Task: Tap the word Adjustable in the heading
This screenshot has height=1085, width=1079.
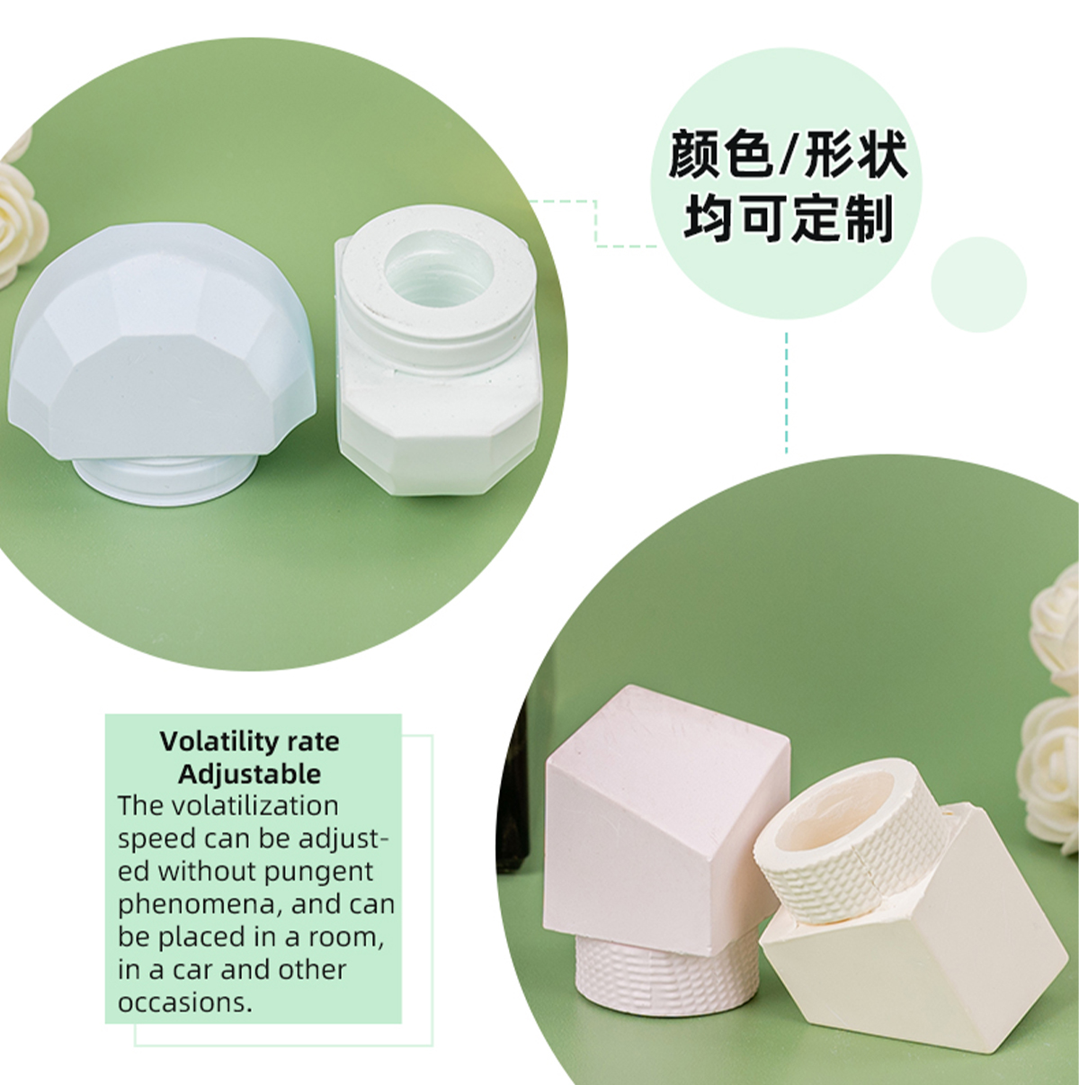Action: (249, 775)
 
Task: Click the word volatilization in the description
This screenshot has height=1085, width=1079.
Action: (255, 806)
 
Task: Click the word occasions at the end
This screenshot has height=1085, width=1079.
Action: (184, 1003)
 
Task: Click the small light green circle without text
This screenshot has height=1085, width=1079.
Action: (979, 285)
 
